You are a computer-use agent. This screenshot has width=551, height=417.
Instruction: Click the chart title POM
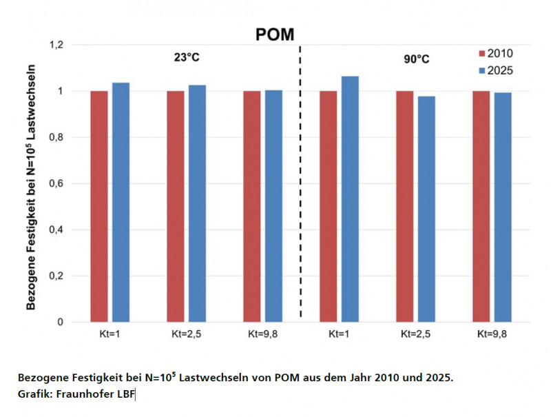[x=274, y=35]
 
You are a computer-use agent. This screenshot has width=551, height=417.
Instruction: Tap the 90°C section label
[x=416, y=59]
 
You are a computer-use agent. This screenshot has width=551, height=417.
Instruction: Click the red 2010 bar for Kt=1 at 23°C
[x=99, y=206]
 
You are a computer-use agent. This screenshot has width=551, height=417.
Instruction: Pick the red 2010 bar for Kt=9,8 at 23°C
[x=252, y=206]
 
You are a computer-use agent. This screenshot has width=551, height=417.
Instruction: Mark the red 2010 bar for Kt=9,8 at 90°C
[x=481, y=206]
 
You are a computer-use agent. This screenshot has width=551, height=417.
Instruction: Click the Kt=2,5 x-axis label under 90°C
[x=415, y=334]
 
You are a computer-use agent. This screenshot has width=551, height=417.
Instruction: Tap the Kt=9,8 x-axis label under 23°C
[x=262, y=334]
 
